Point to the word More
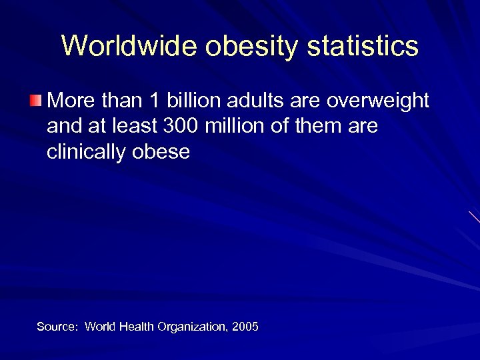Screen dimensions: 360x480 click(70, 101)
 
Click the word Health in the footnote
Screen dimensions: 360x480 click(137, 327)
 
